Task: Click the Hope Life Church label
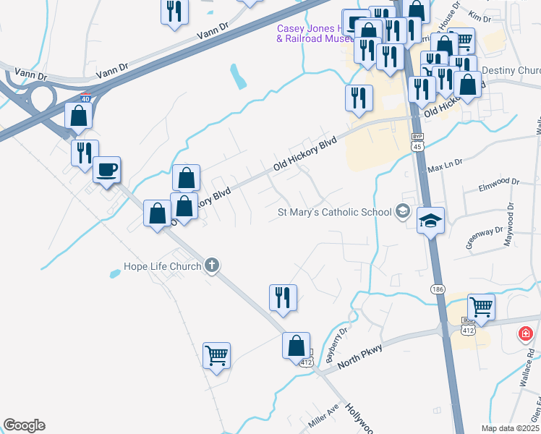pyautogui.click(x=157, y=265)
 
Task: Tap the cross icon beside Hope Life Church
pyautogui.click(x=212, y=265)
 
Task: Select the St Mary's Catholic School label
pyautogui.click(x=335, y=213)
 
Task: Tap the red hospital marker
pyautogui.click(x=526, y=334)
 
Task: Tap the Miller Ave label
pyautogui.click(x=323, y=417)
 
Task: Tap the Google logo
pyautogui.click(x=24, y=425)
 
